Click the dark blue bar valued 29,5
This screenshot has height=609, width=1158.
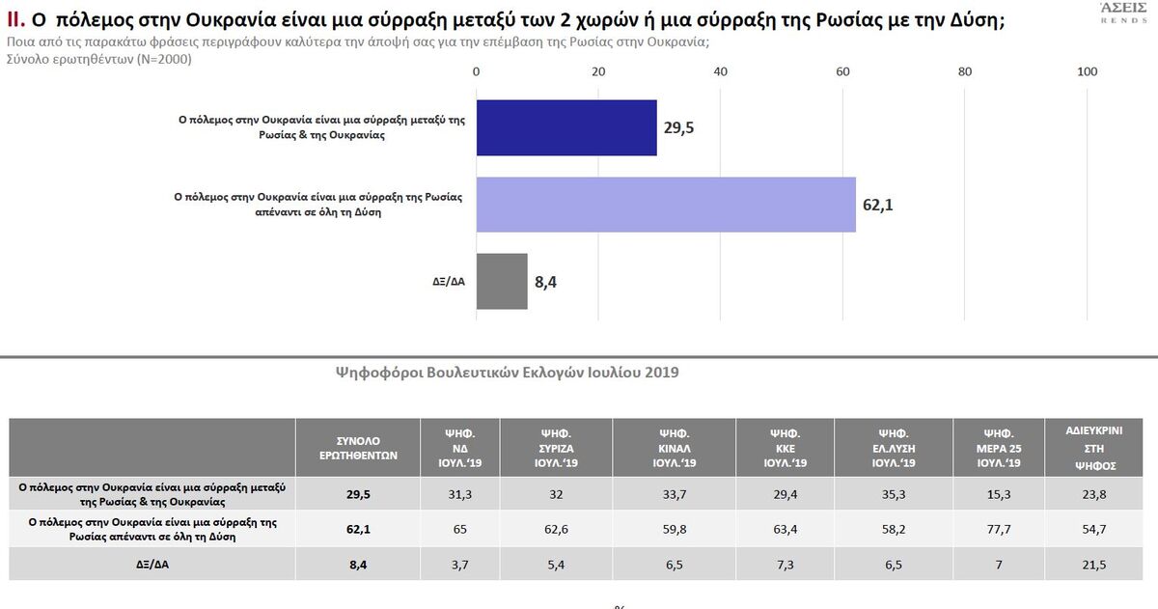click(566, 127)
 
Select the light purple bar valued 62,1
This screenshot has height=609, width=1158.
click(666, 205)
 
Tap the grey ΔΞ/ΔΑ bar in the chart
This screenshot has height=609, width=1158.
click(502, 281)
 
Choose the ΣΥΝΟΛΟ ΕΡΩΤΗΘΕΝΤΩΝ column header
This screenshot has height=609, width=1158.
click(359, 446)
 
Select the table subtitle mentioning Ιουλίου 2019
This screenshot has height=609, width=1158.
click(506, 372)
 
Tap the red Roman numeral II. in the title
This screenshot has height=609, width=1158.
click(20, 22)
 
